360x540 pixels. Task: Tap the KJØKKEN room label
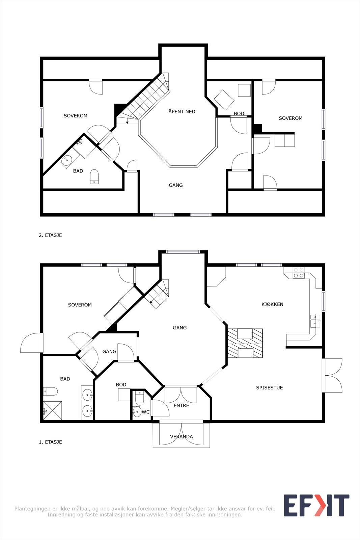point(272,304)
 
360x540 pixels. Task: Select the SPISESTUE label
point(269,388)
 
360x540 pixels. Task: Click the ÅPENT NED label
point(182,111)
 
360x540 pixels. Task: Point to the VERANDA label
point(182,437)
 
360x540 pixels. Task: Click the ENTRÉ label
point(182,405)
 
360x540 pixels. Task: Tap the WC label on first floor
point(145,412)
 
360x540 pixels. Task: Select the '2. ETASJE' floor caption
point(50,235)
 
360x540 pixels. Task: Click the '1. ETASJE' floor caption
point(50,442)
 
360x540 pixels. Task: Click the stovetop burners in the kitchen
point(299,273)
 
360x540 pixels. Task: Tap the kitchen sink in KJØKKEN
point(316,321)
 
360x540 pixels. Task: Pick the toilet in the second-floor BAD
point(94,177)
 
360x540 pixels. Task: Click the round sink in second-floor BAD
point(66,160)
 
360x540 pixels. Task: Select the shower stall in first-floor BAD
point(53,410)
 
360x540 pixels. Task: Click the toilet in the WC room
point(139,398)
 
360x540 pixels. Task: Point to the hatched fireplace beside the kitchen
point(245,343)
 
